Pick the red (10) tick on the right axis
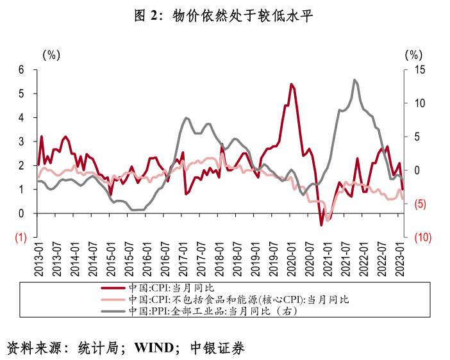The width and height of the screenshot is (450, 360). click(422, 238)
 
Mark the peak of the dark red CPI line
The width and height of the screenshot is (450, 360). click(291, 84)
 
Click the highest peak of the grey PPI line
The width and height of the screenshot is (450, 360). click(354, 80)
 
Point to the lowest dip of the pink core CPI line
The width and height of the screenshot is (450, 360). click(328, 220)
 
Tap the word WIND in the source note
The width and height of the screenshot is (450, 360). click(154, 348)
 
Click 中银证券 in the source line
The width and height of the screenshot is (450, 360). click(218, 348)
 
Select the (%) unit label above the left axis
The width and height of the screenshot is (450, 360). click(51, 55)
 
